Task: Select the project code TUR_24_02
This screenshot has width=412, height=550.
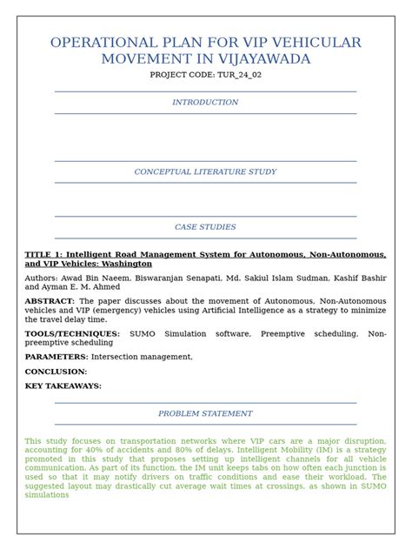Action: [229, 76]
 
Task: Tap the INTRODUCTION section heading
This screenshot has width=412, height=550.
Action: [205, 103]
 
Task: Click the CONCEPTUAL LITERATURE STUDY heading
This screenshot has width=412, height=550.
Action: [205, 172]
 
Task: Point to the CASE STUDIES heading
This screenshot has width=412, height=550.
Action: [205, 227]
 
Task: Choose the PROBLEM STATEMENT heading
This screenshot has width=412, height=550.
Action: [205, 414]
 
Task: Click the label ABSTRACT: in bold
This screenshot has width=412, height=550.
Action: [50, 301]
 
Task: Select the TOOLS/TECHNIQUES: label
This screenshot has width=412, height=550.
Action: [72, 333]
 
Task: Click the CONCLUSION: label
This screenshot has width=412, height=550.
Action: [56, 372]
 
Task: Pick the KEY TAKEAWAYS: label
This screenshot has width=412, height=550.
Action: [63, 386]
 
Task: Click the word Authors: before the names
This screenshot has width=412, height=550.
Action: [43, 278]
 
